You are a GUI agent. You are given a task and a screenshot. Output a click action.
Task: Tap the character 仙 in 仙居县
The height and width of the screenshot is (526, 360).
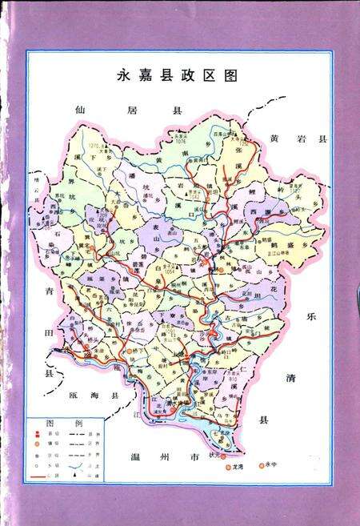[x=80, y=110]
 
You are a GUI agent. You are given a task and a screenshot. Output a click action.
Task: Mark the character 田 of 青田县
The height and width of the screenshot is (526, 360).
[x=48, y=329]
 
